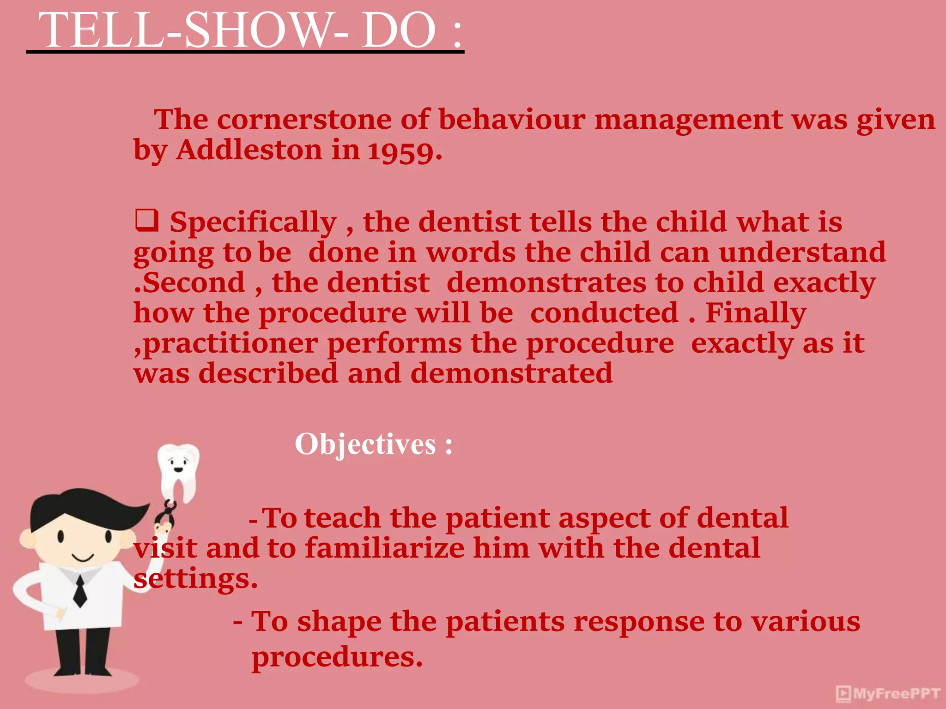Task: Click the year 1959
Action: [x=405, y=151]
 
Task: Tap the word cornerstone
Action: [x=304, y=120]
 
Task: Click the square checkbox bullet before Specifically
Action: [x=146, y=220]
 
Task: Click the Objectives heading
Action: [x=373, y=444]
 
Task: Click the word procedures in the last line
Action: [x=337, y=657]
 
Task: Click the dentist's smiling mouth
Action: [x=83, y=558]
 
